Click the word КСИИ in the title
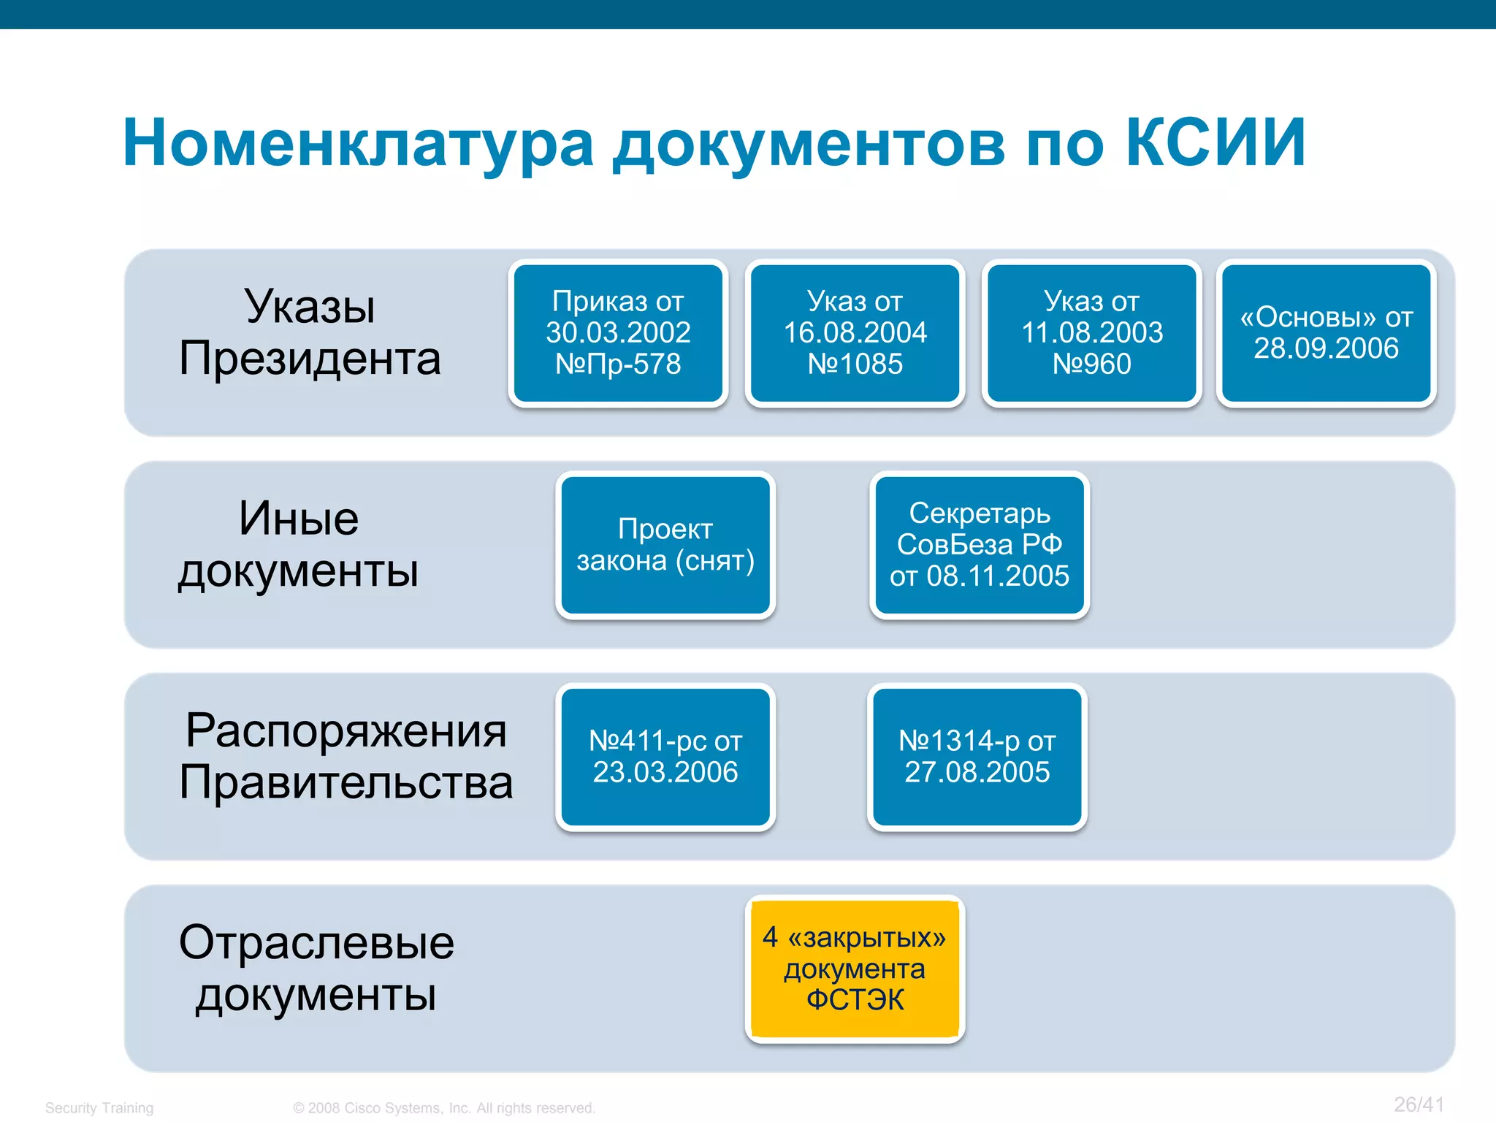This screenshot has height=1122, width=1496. click(1215, 143)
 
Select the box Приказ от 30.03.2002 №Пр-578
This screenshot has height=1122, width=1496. click(618, 333)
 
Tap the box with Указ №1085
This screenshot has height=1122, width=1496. click(855, 333)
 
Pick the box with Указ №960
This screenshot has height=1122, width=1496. click(1091, 333)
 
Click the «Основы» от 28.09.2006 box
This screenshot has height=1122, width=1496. click(1326, 333)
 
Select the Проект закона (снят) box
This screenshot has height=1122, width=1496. click(665, 545)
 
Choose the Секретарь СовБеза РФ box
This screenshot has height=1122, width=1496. click(979, 545)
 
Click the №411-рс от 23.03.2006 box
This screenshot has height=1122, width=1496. click(665, 757)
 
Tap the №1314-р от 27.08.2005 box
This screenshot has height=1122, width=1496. click(977, 757)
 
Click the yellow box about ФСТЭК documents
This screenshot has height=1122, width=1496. click(855, 969)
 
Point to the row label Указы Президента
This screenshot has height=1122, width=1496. click(310, 332)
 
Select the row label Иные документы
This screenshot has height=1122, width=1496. click(299, 544)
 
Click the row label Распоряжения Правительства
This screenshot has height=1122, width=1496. click(346, 756)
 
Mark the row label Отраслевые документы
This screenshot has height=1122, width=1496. click(316, 968)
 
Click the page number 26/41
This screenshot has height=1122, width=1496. click(1419, 1104)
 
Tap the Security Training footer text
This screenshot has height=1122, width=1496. click(99, 1108)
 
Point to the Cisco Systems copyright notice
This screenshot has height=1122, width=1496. click(444, 1108)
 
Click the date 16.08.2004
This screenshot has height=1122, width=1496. click(855, 333)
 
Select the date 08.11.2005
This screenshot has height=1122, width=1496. click(997, 576)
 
